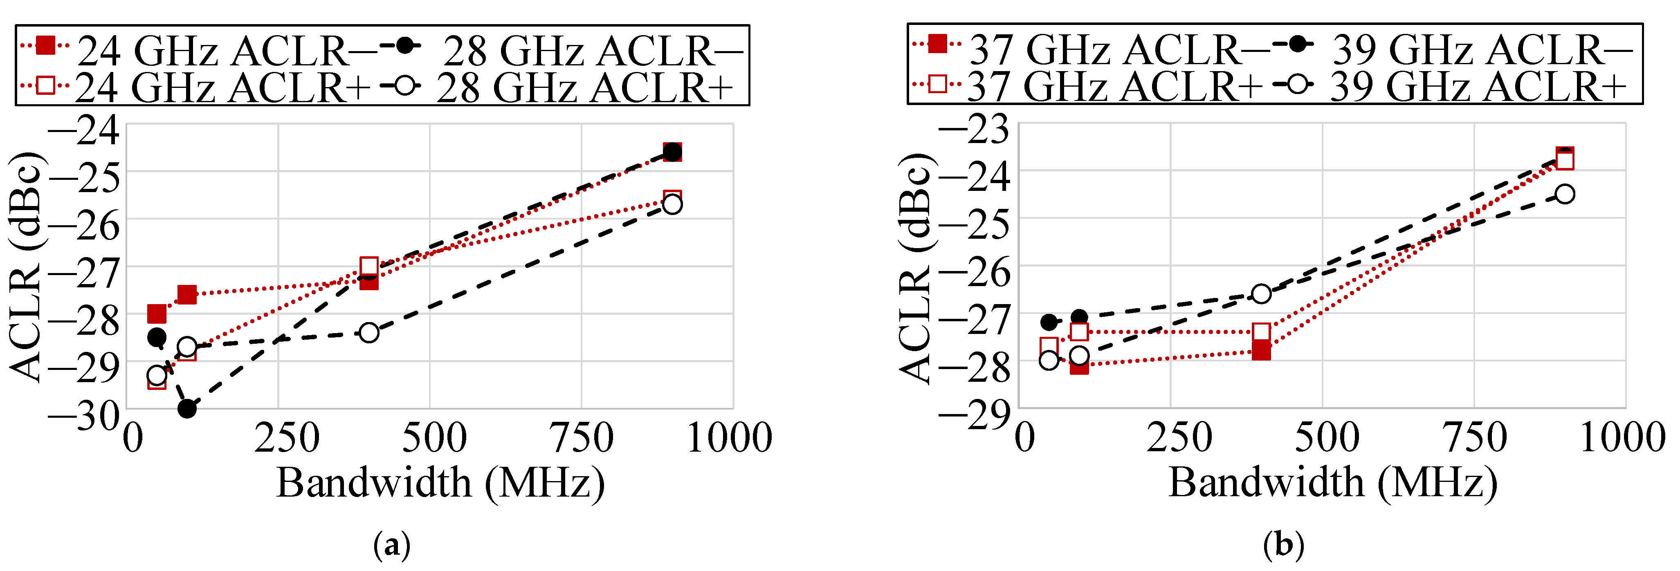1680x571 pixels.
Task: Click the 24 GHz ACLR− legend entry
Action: pyautogui.click(x=195, y=49)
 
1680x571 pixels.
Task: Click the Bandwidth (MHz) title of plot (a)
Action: pyautogui.click(x=440, y=483)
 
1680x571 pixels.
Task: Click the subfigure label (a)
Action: pyautogui.click(x=392, y=544)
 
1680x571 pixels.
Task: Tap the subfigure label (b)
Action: pyautogui.click(x=1283, y=544)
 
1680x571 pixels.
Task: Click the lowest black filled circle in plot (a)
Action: pyautogui.click(x=187, y=409)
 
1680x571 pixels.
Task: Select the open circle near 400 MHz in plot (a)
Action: pyautogui.click(x=369, y=332)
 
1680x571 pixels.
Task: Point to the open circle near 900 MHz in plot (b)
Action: pyautogui.click(x=1565, y=194)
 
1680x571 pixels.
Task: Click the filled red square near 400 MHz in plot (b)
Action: pyautogui.click(x=1261, y=351)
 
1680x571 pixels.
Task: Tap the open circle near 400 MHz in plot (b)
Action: pyautogui.click(x=1261, y=294)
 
